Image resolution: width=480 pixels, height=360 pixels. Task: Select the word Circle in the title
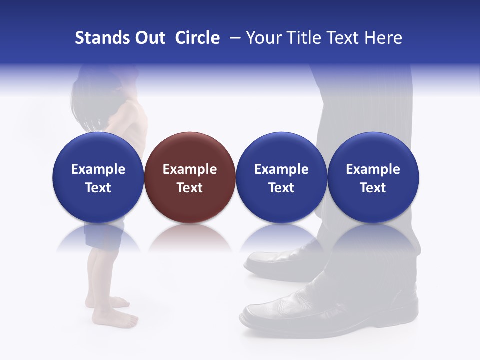[197, 38]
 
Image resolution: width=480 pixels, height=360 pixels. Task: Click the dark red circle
[190, 177]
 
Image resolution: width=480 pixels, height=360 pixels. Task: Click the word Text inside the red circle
[190, 188]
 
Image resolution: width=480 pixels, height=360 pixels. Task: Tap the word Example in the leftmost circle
[98, 169]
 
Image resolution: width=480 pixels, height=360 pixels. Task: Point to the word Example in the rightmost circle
[373, 169]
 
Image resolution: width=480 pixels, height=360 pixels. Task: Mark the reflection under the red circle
[190, 237]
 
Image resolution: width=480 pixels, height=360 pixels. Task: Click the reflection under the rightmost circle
[373, 237]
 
